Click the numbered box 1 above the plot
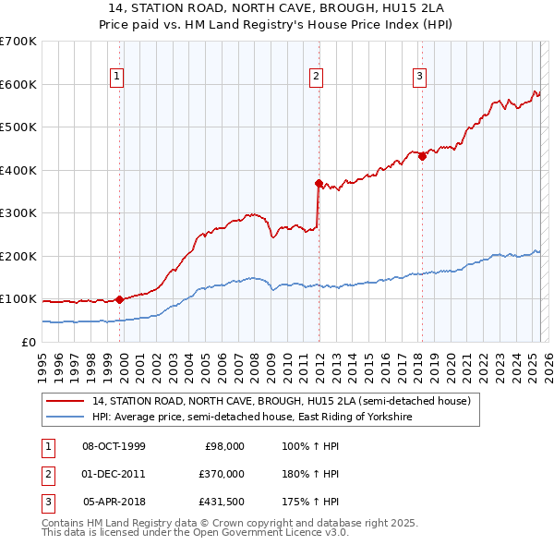click(x=118, y=77)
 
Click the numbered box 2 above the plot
click(x=316, y=77)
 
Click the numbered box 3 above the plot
click(x=419, y=77)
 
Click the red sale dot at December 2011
click(x=319, y=183)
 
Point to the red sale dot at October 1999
click(x=120, y=299)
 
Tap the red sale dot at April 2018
click(x=422, y=156)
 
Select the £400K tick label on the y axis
click(x=18, y=170)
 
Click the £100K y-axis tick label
click(x=18, y=299)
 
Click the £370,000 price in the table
click(x=222, y=474)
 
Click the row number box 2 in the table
click(x=47, y=474)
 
